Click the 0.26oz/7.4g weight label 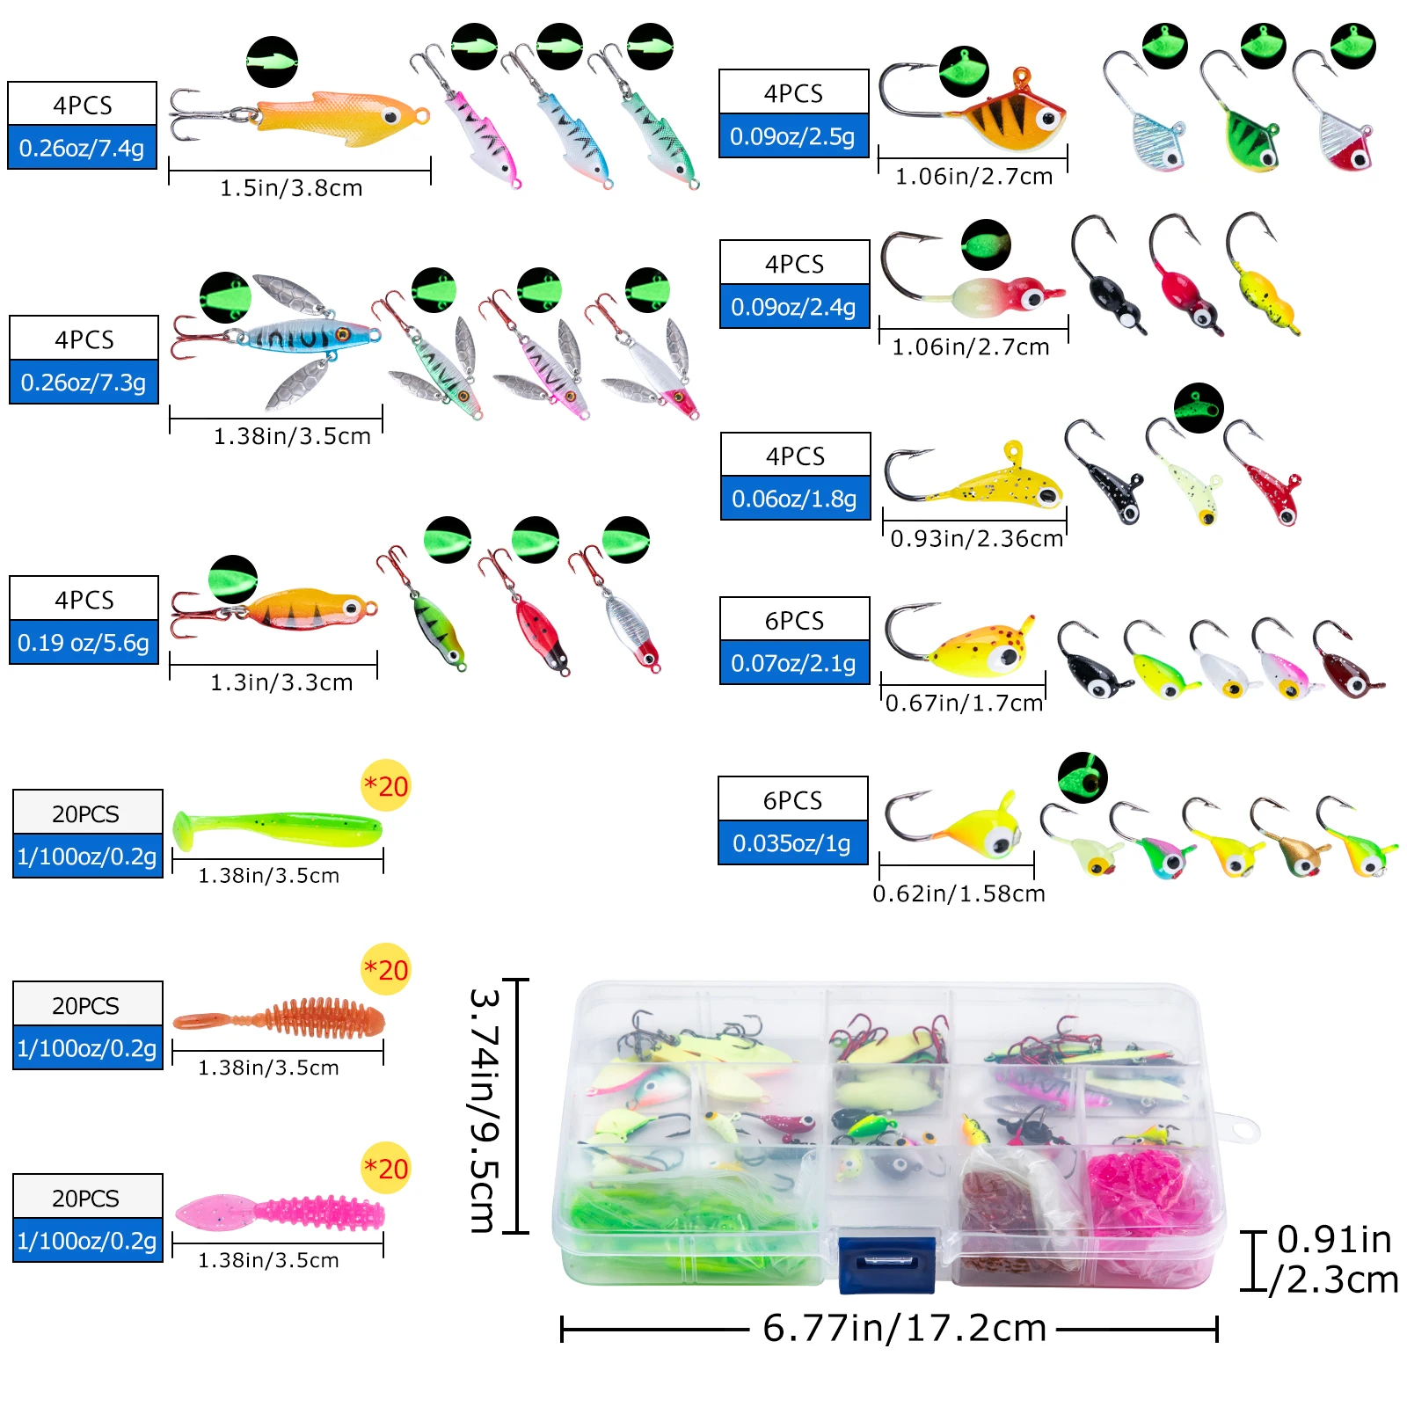tap(82, 148)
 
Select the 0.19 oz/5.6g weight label tap(84, 643)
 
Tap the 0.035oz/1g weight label tap(791, 843)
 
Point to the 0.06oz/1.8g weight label tap(794, 499)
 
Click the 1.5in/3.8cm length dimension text tap(291, 188)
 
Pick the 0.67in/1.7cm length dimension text tap(964, 703)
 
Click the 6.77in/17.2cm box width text tap(904, 1328)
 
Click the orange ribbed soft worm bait tap(281, 1019)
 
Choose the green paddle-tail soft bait tap(277, 828)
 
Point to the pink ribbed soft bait tap(281, 1213)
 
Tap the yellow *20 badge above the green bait tap(386, 785)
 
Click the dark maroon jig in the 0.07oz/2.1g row tap(1345, 668)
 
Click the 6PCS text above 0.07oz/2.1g tap(794, 619)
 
